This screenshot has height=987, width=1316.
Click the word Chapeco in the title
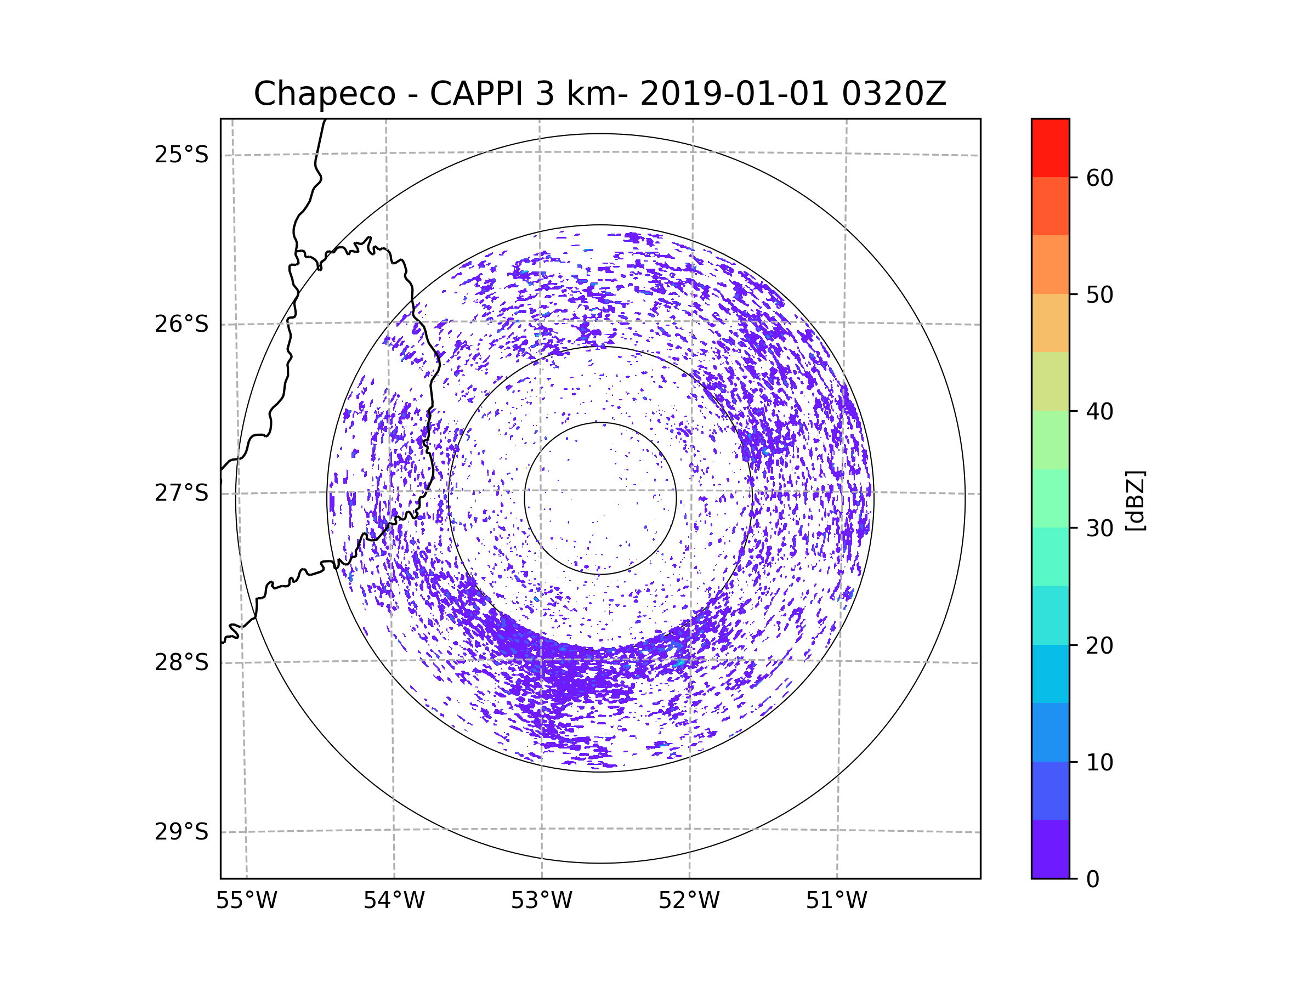(324, 94)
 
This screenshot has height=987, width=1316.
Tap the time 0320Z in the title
(894, 94)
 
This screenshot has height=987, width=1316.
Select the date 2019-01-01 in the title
(734, 94)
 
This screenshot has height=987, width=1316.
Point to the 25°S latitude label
(181, 155)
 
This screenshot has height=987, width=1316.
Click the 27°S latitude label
(181, 493)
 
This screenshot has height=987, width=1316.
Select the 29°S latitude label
(181, 832)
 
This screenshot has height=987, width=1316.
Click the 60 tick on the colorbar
(1099, 178)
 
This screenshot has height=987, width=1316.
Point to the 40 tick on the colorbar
(1099, 411)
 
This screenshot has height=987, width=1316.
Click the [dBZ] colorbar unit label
(1135, 500)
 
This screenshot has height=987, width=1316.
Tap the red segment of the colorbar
(1050, 148)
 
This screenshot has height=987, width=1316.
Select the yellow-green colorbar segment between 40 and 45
(1050, 381)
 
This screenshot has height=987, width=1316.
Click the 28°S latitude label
(181, 662)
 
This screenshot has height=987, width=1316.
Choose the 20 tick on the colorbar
(1099, 645)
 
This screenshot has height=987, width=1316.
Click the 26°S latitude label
(181, 324)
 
